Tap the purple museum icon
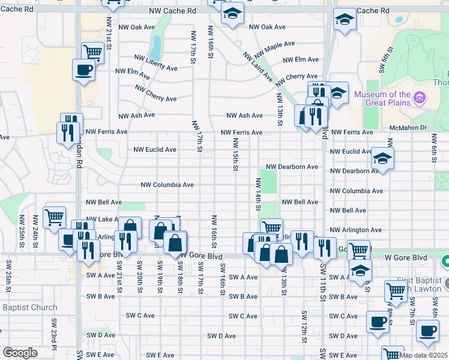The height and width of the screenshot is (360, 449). coord(420,97)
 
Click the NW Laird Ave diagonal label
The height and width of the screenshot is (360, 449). coord(258,67)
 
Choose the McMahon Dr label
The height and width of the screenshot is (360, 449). coord(407,127)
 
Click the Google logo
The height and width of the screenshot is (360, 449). coord(20,353)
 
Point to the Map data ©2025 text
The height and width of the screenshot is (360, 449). coord(423,355)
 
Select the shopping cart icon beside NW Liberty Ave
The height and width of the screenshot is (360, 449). coord(92,53)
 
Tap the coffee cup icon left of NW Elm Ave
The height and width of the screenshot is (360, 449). coord(83,69)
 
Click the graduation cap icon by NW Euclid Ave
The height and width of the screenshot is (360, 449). coord(382,158)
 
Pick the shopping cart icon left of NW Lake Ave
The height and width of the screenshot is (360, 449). coord(54,217)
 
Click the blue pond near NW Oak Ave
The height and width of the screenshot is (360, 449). coord(155,45)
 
